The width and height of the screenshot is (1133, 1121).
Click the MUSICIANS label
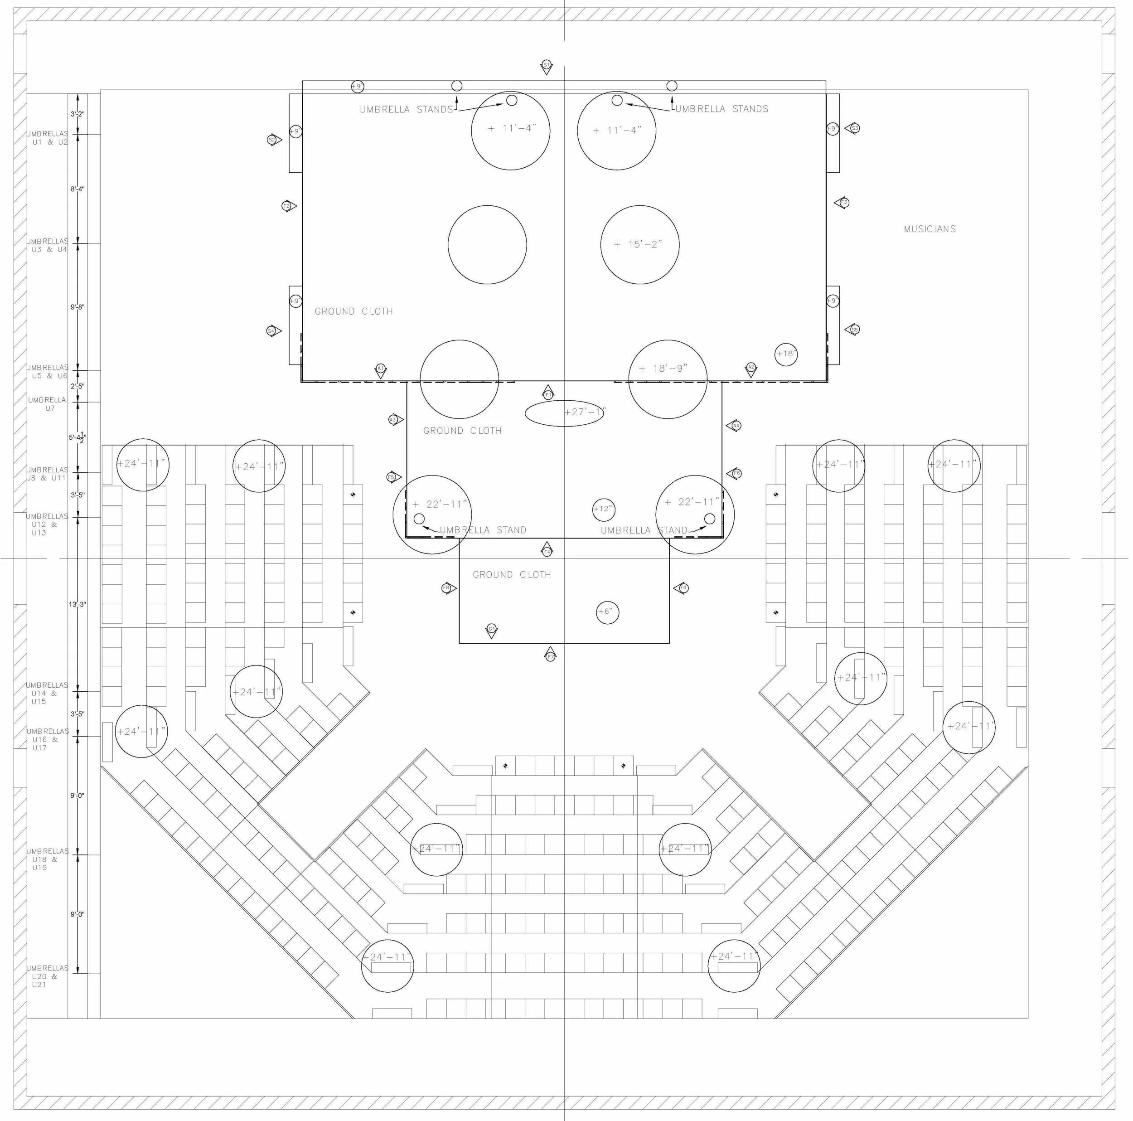(x=930, y=229)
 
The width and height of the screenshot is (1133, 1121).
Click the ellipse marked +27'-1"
(x=564, y=413)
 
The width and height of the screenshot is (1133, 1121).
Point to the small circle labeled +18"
(x=786, y=354)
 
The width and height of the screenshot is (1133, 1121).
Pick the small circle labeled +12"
(x=604, y=509)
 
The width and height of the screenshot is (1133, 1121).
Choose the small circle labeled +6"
(x=607, y=612)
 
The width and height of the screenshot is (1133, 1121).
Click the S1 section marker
(x=546, y=65)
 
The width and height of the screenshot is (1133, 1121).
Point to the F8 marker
(x=447, y=588)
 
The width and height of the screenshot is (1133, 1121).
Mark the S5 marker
(x=854, y=330)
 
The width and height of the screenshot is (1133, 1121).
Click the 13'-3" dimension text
(x=77, y=604)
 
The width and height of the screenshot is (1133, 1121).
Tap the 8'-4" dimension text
(x=77, y=189)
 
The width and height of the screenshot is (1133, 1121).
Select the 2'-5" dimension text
(x=77, y=386)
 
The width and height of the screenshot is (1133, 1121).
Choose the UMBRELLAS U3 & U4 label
(x=48, y=245)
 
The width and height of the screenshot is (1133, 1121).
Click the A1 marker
(x=381, y=369)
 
